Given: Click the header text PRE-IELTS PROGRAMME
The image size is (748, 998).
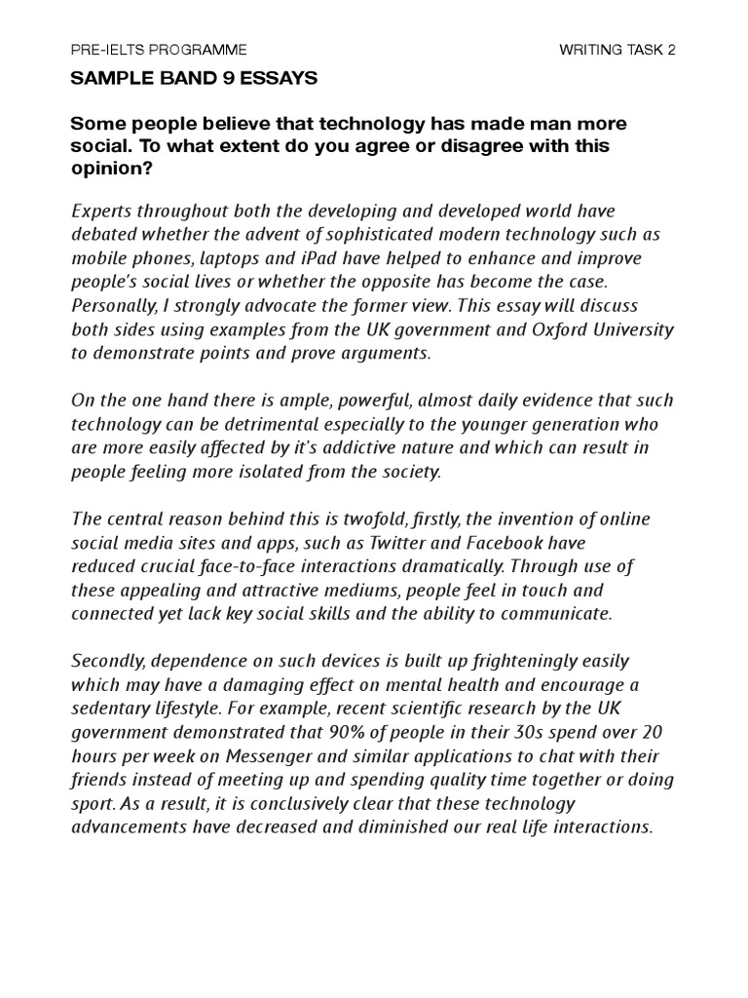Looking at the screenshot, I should click(159, 49).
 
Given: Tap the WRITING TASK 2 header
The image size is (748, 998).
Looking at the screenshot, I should click(617, 49).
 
